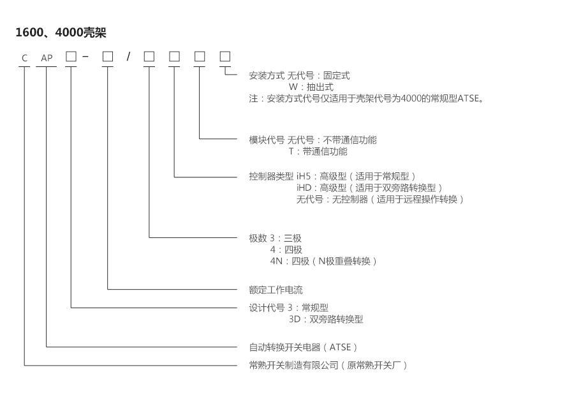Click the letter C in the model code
click(x=24, y=58)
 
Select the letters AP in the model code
click(x=47, y=58)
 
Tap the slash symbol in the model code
click(x=128, y=57)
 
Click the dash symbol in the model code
click(x=85, y=57)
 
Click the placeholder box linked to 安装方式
click(x=224, y=56)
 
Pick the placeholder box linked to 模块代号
click(x=200, y=56)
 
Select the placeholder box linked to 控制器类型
click(x=174, y=56)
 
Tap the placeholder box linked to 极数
click(x=149, y=56)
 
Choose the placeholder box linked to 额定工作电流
click(x=108, y=56)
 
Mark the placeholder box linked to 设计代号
click(x=70, y=56)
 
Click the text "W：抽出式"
click(x=311, y=87)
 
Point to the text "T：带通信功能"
click(x=318, y=152)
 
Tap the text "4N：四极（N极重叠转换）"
click(x=324, y=261)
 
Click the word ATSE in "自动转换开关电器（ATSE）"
click(x=341, y=347)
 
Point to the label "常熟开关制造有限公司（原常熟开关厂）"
click(x=327, y=365)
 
